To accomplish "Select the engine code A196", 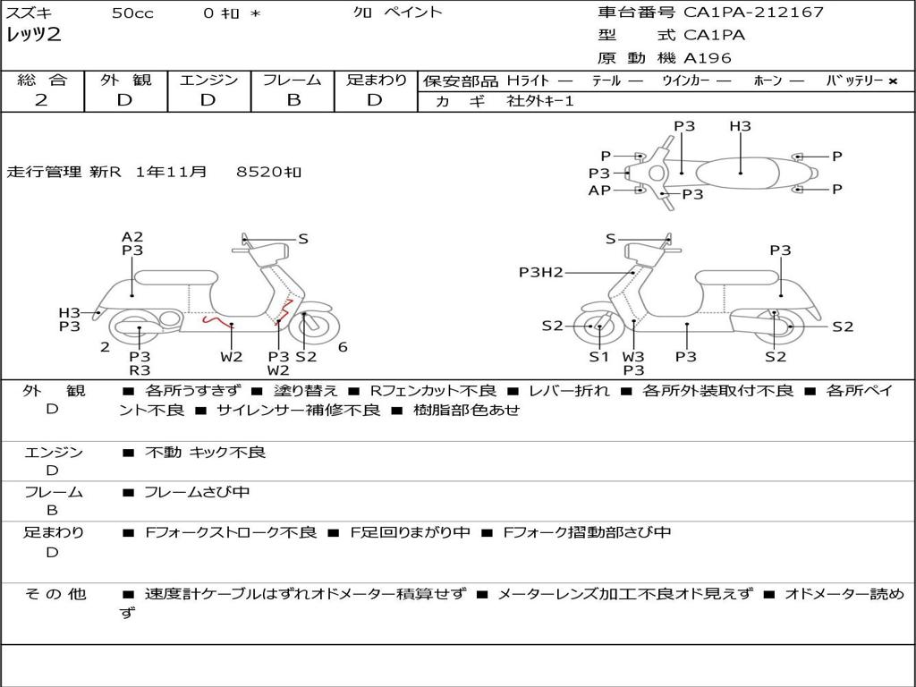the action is [x=707, y=58].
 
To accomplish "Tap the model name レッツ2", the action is [x=34, y=36].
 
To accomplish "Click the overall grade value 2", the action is [x=41, y=100].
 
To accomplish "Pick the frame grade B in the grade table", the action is [x=293, y=100].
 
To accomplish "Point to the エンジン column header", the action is [x=208, y=81].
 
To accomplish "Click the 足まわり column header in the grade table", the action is [x=377, y=81].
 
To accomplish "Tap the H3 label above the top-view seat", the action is [x=740, y=126].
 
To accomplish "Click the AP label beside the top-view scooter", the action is [x=599, y=191].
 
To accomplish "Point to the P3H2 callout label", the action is [x=541, y=272].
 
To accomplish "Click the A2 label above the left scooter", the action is [x=132, y=237].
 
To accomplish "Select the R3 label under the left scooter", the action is [x=140, y=370].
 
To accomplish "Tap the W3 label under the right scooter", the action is [x=633, y=357].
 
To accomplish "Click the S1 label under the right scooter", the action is [x=598, y=357].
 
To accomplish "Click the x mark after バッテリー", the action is [x=892, y=81].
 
